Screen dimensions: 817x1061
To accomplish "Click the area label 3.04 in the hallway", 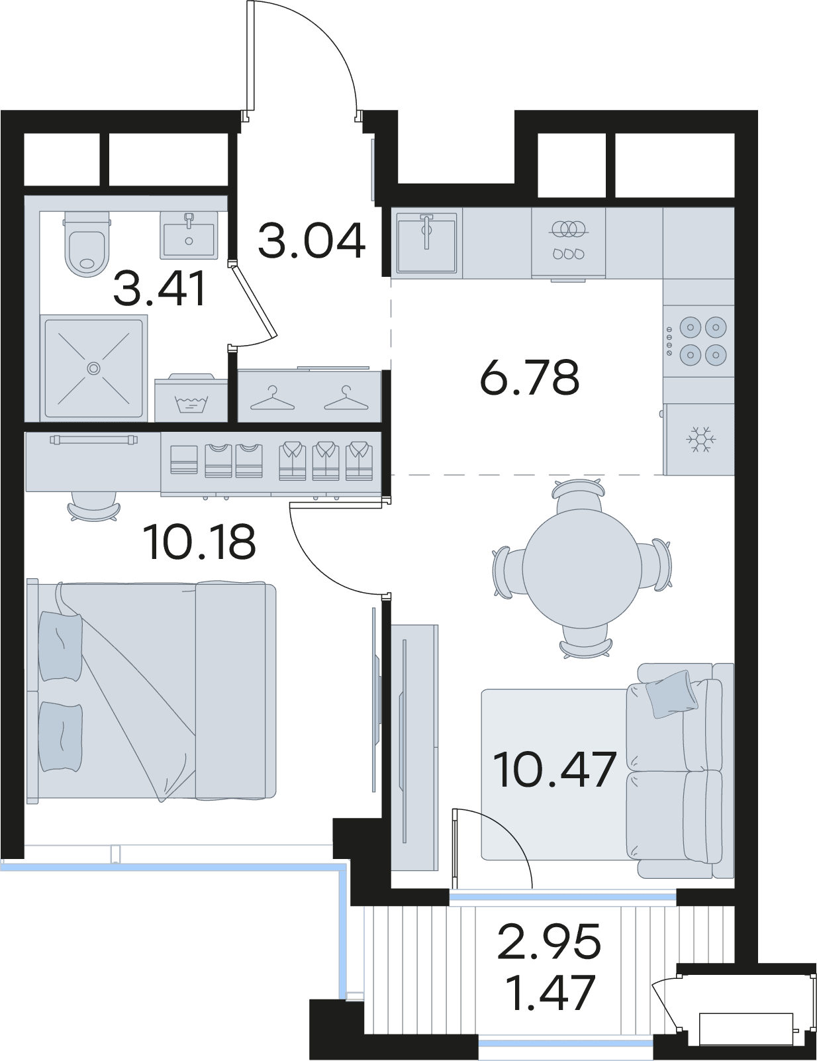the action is pos(312,240).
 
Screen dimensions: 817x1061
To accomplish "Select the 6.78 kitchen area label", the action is pos(530,376).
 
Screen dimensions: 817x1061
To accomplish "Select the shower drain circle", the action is pos(94,368).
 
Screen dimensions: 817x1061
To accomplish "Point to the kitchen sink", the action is pos(427,242).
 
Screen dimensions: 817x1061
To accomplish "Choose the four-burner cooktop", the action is pos(698,340).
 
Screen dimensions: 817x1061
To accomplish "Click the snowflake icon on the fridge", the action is pos(701,439).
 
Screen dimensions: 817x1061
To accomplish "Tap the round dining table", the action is pos(582,568).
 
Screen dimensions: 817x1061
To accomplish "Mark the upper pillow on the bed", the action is pos(60,646).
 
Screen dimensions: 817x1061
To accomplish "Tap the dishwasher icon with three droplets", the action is pos(568,254).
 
